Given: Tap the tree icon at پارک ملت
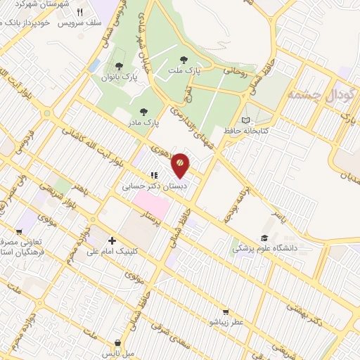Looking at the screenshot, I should click(x=185, y=60).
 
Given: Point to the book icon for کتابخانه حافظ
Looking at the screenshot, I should click(x=245, y=120).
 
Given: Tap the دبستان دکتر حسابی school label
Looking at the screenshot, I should click(x=146, y=187).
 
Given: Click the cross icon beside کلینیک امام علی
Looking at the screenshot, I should click(x=112, y=240).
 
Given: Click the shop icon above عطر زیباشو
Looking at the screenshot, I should click(x=225, y=311).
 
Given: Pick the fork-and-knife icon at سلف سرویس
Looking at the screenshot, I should click(x=79, y=12).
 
